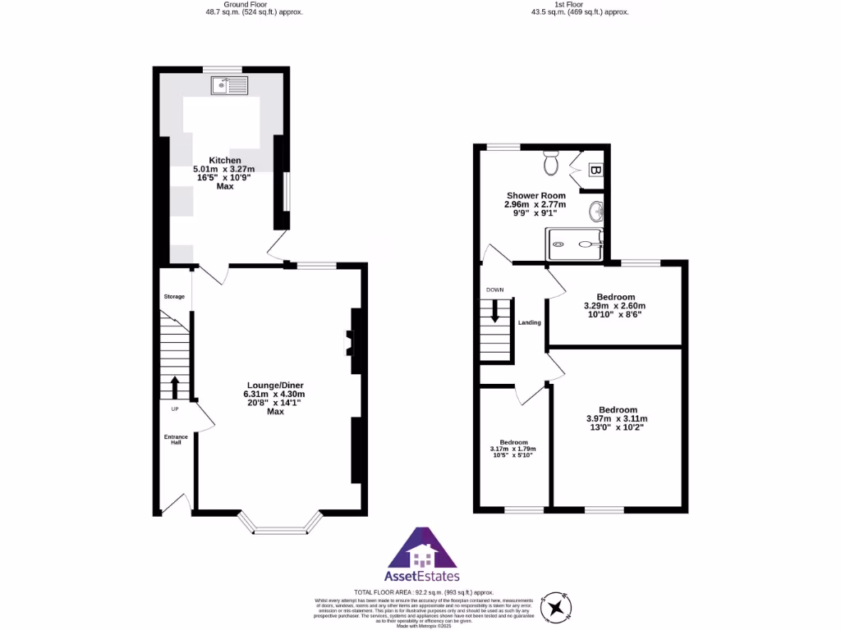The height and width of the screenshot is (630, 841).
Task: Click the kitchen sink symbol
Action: click(x=229, y=84)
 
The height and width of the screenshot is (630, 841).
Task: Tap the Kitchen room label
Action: click(x=224, y=160)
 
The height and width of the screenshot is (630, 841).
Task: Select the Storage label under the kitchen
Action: click(x=174, y=296)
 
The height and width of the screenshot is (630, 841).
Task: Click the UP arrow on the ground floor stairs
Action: click(x=174, y=386)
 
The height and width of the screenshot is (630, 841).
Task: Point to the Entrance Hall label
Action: click(x=175, y=440)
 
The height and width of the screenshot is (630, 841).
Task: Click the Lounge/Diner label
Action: click(x=275, y=385)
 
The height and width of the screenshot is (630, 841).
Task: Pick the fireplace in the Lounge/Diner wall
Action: click(x=348, y=344)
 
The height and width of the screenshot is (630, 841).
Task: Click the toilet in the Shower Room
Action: click(x=552, y=163)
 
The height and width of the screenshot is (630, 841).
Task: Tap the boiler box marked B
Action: click(x=595, y=170)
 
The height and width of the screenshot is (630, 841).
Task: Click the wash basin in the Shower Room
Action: click(x=596, y=212)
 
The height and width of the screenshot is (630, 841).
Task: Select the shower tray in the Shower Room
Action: click(x=575, y=244)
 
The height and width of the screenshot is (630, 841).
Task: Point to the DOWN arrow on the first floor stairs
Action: click(x=494, y=311)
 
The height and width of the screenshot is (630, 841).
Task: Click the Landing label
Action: click(x=529, y=322)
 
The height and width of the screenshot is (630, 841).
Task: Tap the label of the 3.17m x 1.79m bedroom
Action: click(x=513, y=441)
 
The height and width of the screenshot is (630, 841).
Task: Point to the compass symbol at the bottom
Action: click(x=558, y=607)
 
